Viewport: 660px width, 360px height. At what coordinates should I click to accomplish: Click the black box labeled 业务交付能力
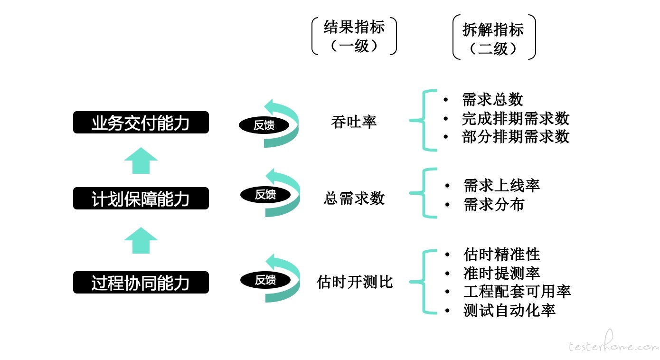coord(141,123)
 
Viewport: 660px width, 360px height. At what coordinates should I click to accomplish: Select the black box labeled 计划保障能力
coord(141,198)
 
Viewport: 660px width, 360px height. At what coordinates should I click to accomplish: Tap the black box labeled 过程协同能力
coord(141,282)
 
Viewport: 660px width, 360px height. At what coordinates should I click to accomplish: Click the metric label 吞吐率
coord(354,122)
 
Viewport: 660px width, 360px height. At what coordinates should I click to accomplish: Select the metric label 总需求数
coord(354,198)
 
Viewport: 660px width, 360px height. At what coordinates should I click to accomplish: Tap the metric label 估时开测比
coord(354,282)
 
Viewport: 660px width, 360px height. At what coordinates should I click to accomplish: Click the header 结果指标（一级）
coord(354,36)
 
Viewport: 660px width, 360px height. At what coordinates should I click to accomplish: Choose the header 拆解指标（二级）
coord(493,38)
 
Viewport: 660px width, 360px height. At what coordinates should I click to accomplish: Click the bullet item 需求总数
coord(492,100)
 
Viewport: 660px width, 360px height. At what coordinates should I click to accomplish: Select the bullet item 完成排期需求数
coord(515,118)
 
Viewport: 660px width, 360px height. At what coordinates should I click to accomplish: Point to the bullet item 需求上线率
coord(501,185)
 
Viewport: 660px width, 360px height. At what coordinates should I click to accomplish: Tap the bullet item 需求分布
coord(494,204)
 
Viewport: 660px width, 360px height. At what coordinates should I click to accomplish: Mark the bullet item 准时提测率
coord(501,273)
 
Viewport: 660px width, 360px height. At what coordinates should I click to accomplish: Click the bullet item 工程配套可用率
coord(517,291)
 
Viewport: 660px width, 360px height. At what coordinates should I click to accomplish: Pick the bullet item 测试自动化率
coord(509,310)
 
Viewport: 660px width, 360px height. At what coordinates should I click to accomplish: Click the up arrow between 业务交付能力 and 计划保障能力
coord(141,161)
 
